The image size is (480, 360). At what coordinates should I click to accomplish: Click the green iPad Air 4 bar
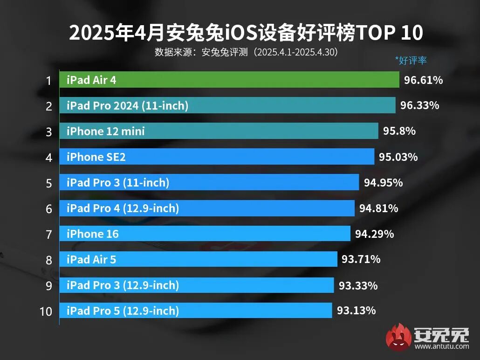pyautogui.click(x=229, y=80)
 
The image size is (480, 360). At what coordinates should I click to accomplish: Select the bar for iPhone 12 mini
pyautogui.click(x=219, y=131)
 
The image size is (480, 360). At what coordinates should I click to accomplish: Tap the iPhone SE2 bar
pyautogui.click(x=217, y=157)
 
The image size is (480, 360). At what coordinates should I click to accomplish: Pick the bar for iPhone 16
pyautogui.click(x=205, y=233)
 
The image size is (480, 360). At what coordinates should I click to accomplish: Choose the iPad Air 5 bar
pyautogui.click(x=198, y=259)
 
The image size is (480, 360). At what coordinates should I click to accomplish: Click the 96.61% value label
pyautogui.click(x=423, y=80)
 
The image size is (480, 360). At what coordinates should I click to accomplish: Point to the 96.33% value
pyautogui.click(x=419, y=106)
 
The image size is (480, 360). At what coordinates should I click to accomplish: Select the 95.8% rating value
pyautogui.click(x=399, y=131)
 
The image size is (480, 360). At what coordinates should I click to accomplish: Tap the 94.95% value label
pyautogui.click(x=383, y=182)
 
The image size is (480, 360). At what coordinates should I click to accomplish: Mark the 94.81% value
pyautogui.click(x=378, y=208)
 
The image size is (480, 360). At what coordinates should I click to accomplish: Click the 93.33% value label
pyautogui.click(x=358, y=285)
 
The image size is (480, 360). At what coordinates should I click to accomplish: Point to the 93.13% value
pyautogui.click(x=356, y=310)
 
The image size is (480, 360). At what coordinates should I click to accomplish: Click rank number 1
pyautogui.click(x=48, y=81)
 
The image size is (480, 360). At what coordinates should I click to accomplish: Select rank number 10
pyautogui.click(x=46, y=311)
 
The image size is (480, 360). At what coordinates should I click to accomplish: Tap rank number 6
pyautogui.click(x=48, y=208)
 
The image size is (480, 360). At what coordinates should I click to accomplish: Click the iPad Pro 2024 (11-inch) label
pyautogui.click(x=127, y=106)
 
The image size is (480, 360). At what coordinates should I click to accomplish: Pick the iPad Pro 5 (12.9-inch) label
pyautogui.click(x=123, y=310)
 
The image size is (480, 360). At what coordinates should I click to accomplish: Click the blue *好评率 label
pyautogui.click(x=411, y=60)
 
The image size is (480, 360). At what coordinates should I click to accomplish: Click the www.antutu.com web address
pyautogui.click(x=441, y=346)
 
